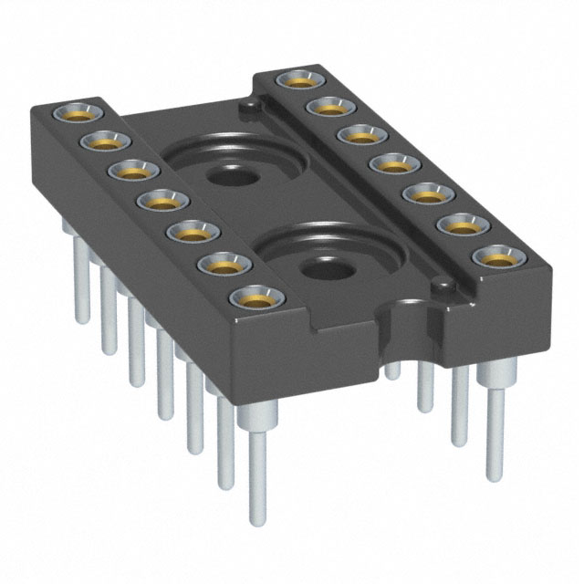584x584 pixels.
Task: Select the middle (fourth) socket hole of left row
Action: click(162, 201)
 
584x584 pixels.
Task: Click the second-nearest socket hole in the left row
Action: click(222, 265)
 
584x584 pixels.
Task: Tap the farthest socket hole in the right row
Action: click(297, 80)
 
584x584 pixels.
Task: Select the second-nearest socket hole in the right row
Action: click(460, 225)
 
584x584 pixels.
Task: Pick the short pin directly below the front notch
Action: click(392, 370)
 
